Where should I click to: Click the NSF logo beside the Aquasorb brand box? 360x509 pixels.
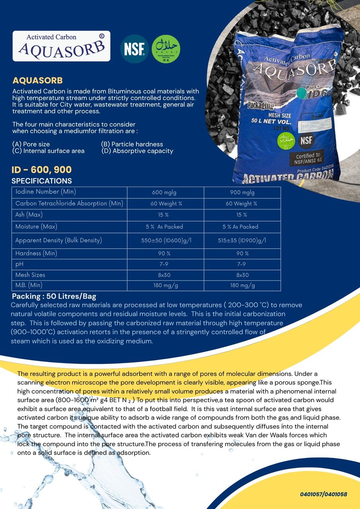click(134, 49)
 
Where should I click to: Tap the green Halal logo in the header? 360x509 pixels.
click(166, 49)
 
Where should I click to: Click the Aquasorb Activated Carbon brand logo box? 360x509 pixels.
click(61, 46)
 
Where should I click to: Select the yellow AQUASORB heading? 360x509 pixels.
click(37, 80)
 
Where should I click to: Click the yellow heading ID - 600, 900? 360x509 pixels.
click(42, 170)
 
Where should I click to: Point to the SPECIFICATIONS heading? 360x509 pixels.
click(42, 181)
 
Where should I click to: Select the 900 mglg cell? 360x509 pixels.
click(242, 192)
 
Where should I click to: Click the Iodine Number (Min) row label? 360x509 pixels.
click(46, 192)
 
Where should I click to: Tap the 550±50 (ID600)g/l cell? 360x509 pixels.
click(165, 240)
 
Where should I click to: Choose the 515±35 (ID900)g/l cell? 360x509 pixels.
click(242, 240)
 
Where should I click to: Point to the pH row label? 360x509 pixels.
click(20, 264)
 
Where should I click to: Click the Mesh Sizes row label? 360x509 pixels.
click(30, 275)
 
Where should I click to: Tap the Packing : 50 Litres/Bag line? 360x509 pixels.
click(54, 296)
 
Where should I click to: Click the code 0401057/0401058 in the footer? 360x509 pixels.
click(323, 494)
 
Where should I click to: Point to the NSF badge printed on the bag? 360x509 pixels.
click(307, 140)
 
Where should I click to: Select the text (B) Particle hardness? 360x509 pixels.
click(132, 144)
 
